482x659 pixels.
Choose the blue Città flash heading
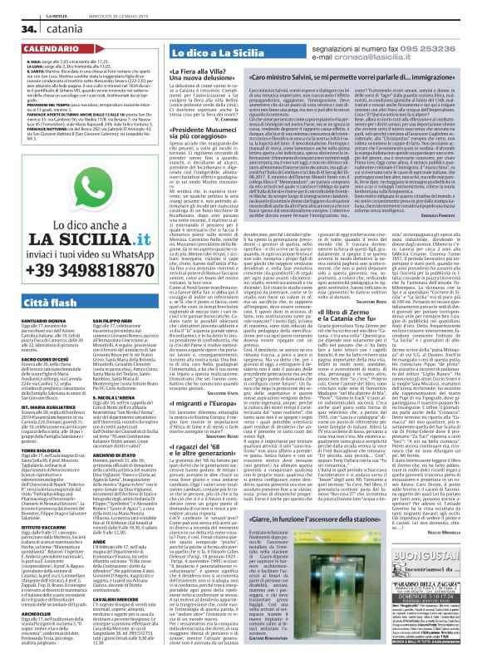click(37, 298)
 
